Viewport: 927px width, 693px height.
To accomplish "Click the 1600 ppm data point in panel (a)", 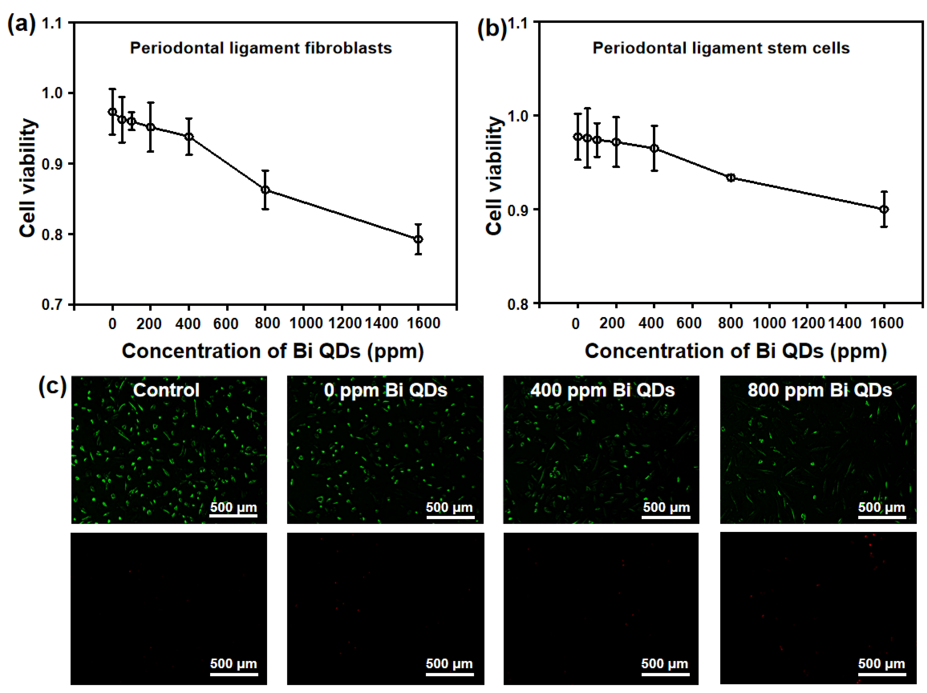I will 418,239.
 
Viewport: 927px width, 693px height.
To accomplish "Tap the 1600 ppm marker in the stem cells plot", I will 884,210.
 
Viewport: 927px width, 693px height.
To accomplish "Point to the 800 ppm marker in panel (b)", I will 731,178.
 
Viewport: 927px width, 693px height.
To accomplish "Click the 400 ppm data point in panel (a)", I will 189,137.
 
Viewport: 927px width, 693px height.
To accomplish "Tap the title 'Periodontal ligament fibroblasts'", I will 261,48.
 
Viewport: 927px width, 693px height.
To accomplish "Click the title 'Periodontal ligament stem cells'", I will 721,48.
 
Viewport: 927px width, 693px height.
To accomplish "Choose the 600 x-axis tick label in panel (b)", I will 689,323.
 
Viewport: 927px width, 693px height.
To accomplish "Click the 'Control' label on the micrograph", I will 166,390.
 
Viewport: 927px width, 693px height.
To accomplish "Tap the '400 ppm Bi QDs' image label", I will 602,390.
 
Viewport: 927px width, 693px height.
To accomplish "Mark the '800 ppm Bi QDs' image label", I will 820,390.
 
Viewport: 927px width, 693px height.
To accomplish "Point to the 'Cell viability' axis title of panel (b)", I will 495,176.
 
